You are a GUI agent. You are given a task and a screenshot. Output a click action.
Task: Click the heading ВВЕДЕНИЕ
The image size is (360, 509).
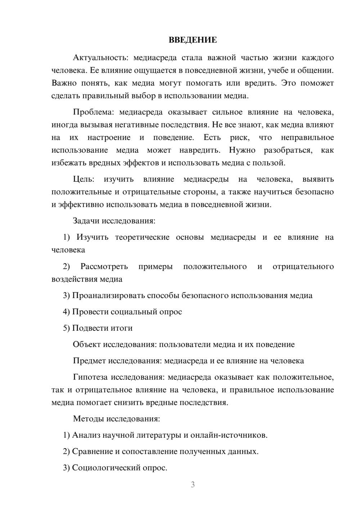[x=193, y=40]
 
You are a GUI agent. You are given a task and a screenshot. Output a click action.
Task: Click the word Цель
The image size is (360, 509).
[x=83, y=179]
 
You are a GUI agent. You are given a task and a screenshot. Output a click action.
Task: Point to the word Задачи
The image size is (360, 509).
[x=86, y=221]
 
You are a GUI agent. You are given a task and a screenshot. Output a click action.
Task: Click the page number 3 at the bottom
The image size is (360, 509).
[x=193, y=485]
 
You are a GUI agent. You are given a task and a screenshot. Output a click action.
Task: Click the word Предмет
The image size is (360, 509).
[x=89, y=361]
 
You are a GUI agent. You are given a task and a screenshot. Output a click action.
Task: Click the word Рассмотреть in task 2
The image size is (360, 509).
[x=104, y=267]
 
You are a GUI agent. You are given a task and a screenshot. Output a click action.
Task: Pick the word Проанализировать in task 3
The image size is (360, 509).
[x=108, y=296]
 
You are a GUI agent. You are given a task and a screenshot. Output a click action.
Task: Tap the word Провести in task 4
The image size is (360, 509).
[x=90, y=312]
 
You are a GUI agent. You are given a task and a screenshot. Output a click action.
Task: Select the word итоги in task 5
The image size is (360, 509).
[x=121, y=328]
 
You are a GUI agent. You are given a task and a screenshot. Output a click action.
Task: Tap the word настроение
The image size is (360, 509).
[x=109, y=138]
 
